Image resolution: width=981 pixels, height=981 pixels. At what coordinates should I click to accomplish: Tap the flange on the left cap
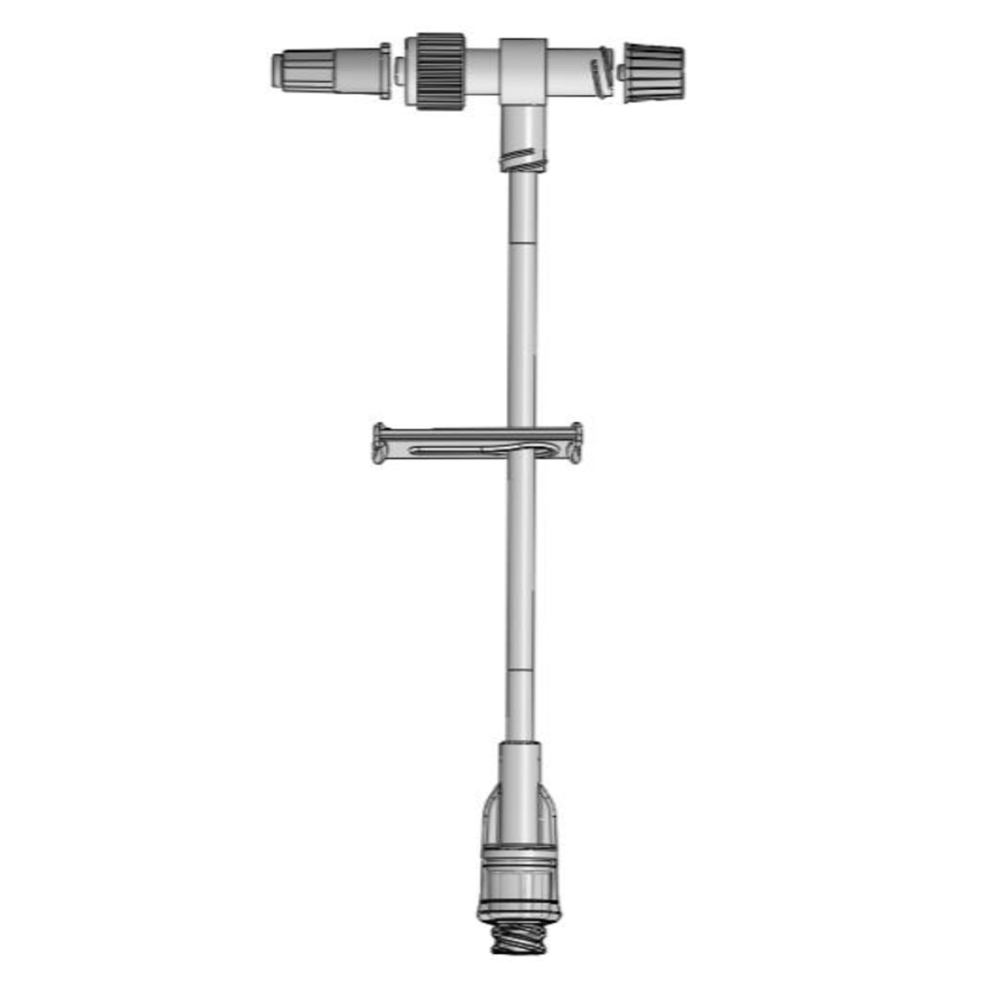[384, 71]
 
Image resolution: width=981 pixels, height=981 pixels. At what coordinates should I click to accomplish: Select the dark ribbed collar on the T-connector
[441, 71]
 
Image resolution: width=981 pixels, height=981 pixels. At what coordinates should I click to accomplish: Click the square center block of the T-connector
[524, 71]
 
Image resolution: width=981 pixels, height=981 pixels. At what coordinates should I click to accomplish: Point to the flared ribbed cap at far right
[655, 73]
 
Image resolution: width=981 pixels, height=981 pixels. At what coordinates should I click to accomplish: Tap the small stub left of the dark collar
[399, 71]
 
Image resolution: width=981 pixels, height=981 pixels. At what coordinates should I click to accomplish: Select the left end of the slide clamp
[379, 443]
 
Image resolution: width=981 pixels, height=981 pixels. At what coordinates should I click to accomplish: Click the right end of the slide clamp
[576, 442]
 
